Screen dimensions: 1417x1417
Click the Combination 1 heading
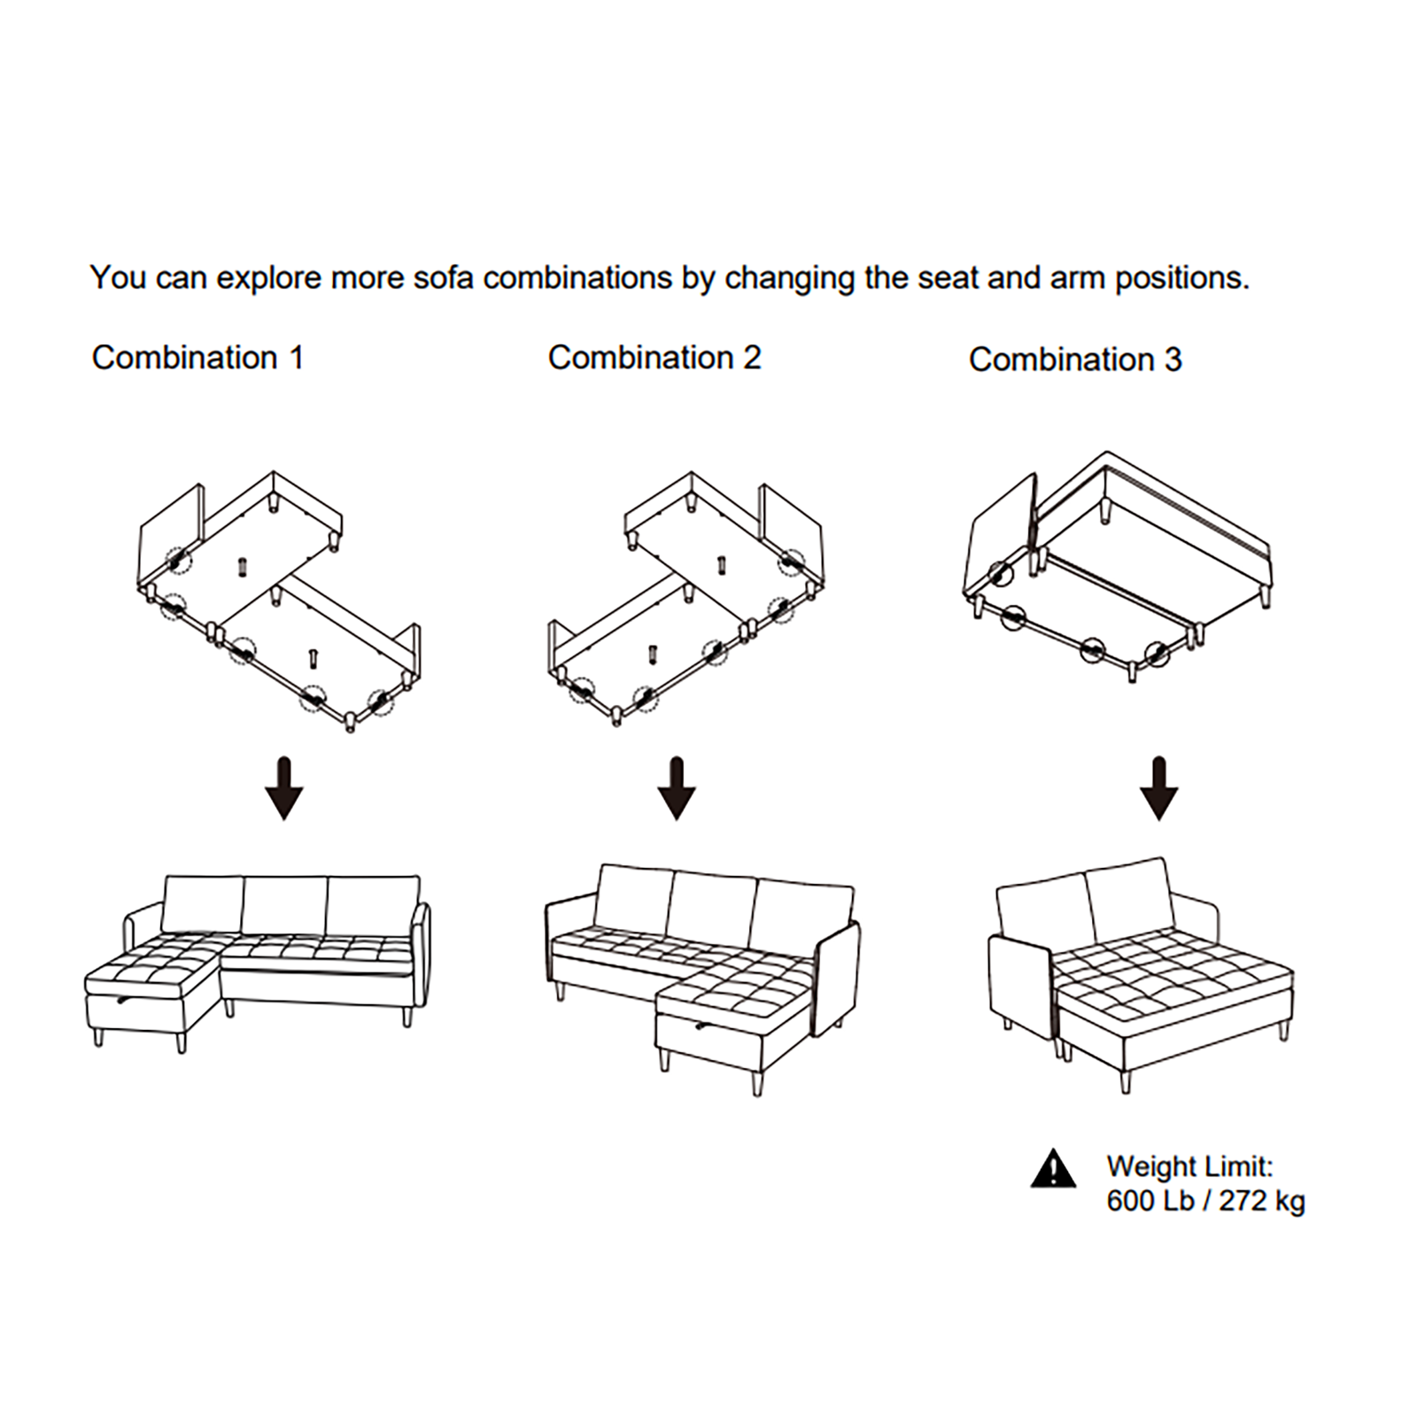pyautogui.click(x=197, y=358)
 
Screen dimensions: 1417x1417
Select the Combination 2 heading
pyautogui.click(x=654, y=358)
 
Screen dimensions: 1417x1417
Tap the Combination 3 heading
pyautogui.click(x=1075, y=360)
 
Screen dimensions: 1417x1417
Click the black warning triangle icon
pyautogui.click(x=1053, y=1168)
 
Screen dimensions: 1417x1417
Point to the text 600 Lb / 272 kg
pyautogui.click(x=1205, y=1201)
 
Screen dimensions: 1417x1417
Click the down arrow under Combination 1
pyautogui.click(x=284, y=787)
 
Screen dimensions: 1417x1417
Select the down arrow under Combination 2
pyautogui.click(x=678, y=787)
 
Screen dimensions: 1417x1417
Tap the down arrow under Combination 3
pyautogui.click(x=1158, y=787)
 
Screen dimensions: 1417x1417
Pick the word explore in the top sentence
pyautogui.click(x=269, y=279)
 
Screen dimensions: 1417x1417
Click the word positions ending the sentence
pyautogui.click(x=1181, y=279)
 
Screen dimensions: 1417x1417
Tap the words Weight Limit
pyautogui.click(x=1189, y=1166)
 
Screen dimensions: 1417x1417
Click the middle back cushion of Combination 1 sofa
pyautogui.click(x=284, y=906)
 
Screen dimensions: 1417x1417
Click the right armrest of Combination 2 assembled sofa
pyautogui.click(x=838, y=978)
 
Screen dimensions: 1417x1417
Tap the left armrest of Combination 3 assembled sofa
pyautogui.click(x=1019, y=990)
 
